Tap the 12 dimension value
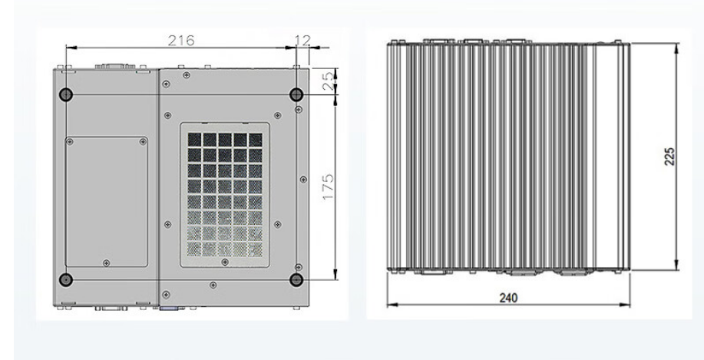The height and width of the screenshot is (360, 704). (x=303, y=39)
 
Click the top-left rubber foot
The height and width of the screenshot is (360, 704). (x=66, y=94)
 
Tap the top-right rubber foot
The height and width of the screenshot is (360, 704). (x=296, y=94)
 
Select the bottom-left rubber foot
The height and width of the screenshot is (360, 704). (x=66, y=279)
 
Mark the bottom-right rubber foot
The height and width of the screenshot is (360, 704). (x=296, y=279)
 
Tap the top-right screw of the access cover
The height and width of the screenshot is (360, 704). (x=143, y=141)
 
